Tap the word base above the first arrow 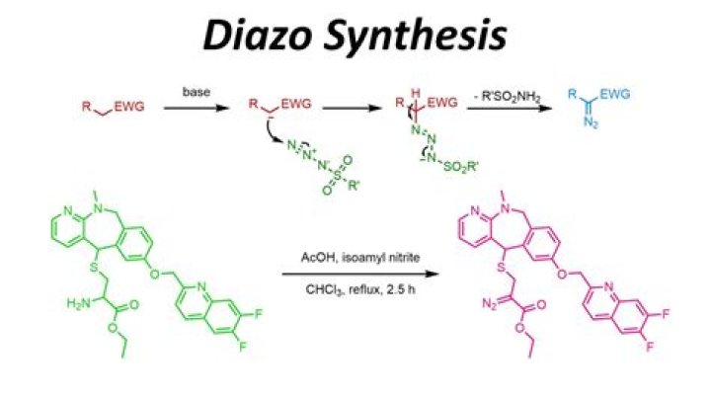pos(197,92)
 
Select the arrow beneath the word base pos(197,108)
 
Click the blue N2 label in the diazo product pos(591,121)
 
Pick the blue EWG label pos(615,94)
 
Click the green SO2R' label pos(461,166)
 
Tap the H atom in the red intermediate pos(416,93)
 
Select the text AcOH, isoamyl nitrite pos(360,257)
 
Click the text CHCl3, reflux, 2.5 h pos(360,289)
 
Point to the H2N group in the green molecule pos(78,303)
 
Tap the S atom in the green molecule pos(94,267)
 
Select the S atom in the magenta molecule pos(501,267)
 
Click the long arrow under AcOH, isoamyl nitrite pos(360,274)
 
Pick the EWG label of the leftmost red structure pos(129,107)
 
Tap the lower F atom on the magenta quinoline pos(650,347)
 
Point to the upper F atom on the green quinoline pos(258,313)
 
